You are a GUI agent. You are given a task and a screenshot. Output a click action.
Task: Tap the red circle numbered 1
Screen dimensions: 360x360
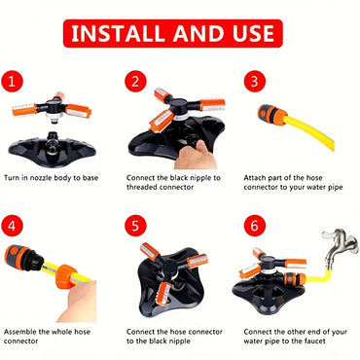tap(15, 80)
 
